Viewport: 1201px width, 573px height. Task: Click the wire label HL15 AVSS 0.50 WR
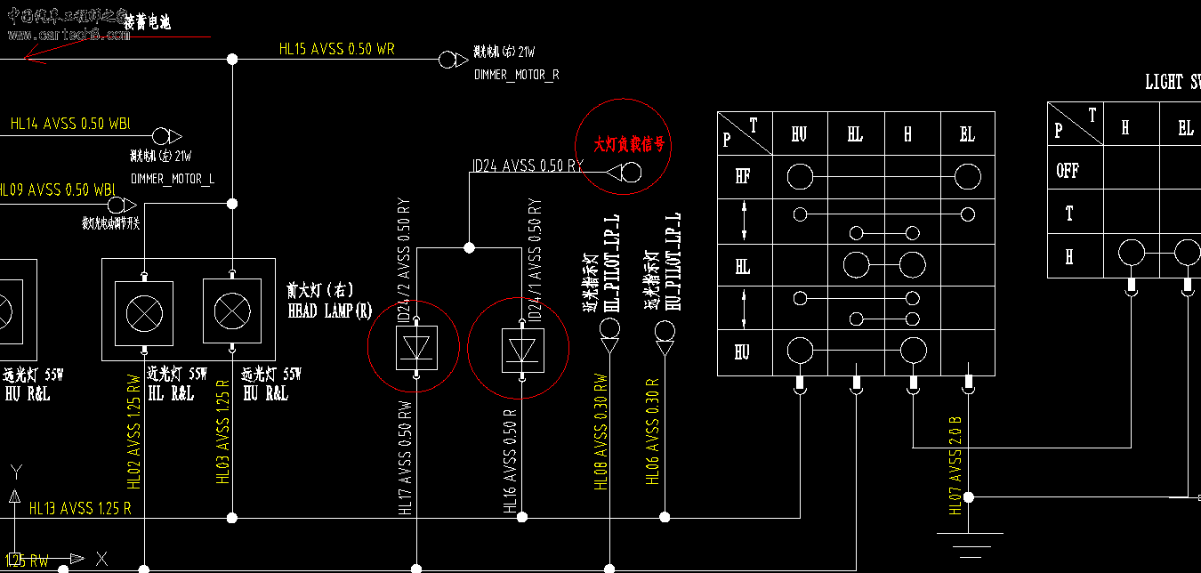[x=336, y=50]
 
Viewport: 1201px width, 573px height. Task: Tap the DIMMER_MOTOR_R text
[x=517, y=76]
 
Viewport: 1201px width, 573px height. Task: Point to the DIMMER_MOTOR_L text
[x=172, y=179]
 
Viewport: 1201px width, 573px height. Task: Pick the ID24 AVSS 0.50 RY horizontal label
[x=528, y=165]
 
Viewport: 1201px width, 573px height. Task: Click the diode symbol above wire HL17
[x=415, y=349]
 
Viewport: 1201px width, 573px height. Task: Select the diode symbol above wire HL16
[x=519, y=349]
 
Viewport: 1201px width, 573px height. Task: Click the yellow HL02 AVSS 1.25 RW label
[x=134, y=432]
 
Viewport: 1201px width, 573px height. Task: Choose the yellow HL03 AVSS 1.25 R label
[x=223, y=432]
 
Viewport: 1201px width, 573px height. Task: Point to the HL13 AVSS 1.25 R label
[x=80, y=509]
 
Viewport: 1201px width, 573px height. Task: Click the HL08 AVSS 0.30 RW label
[x=601, y=431]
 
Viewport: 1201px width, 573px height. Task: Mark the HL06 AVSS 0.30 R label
[x=653, y=436]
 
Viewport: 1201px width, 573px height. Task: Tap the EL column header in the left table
[x=967, y=135]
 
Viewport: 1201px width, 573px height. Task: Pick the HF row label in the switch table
[x=742, y=176]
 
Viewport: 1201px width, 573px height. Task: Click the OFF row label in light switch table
[x=1068, y=171]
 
